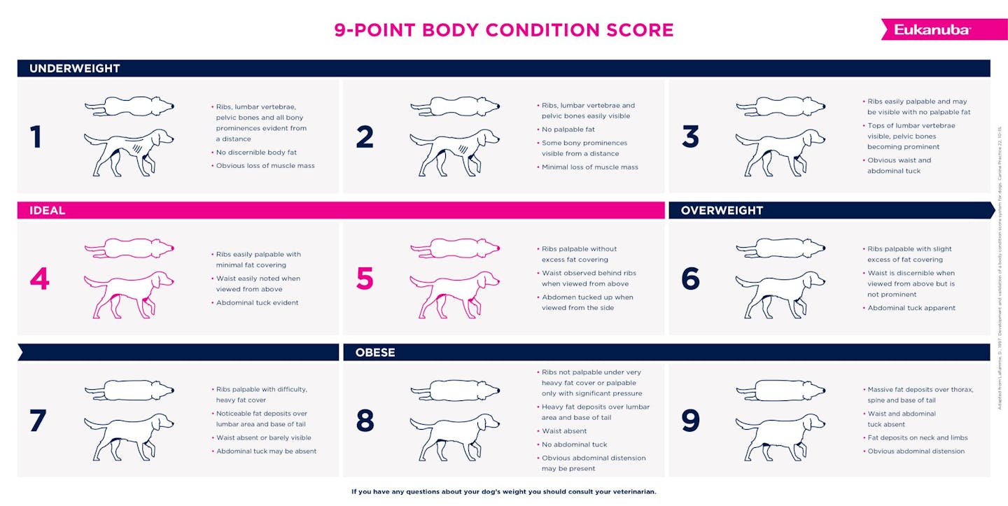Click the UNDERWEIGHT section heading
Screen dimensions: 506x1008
pyautogui.click(x=75, y=69)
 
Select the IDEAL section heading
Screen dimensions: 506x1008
pyautogui.click(x=47, y=211)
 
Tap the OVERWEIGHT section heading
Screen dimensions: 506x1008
pyautogui.click(x=722, y=211)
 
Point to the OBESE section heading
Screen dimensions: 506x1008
pyautogui.click(x=375, y=352)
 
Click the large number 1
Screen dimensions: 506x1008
pyautogui.click(x=36, y=137)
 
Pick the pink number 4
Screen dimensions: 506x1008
pyautogui.click(x=39, y=279)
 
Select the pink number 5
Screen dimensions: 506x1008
pyautogui.click(x=365, y=279)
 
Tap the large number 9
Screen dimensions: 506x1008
pyautogui.click(x=690, y=421)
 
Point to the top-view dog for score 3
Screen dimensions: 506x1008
pyautogui.click(x=780, y=106)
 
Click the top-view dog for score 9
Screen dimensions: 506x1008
pyautogui.click(x=780, y=390)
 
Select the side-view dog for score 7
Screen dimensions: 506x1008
pyautogui.click(x=129, y=436)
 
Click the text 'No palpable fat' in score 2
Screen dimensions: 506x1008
pyautogui.click(x=568, y=129)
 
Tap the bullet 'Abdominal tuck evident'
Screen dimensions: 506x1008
pyautogui.click(x=257, y=303)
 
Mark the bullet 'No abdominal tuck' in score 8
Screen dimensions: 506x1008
pyautogui.click(x=574, y=444)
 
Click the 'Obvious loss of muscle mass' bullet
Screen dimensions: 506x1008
pyautogui.click(x=265, y=166)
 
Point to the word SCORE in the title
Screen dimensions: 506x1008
pyautogui.click(x=634, y=30)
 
